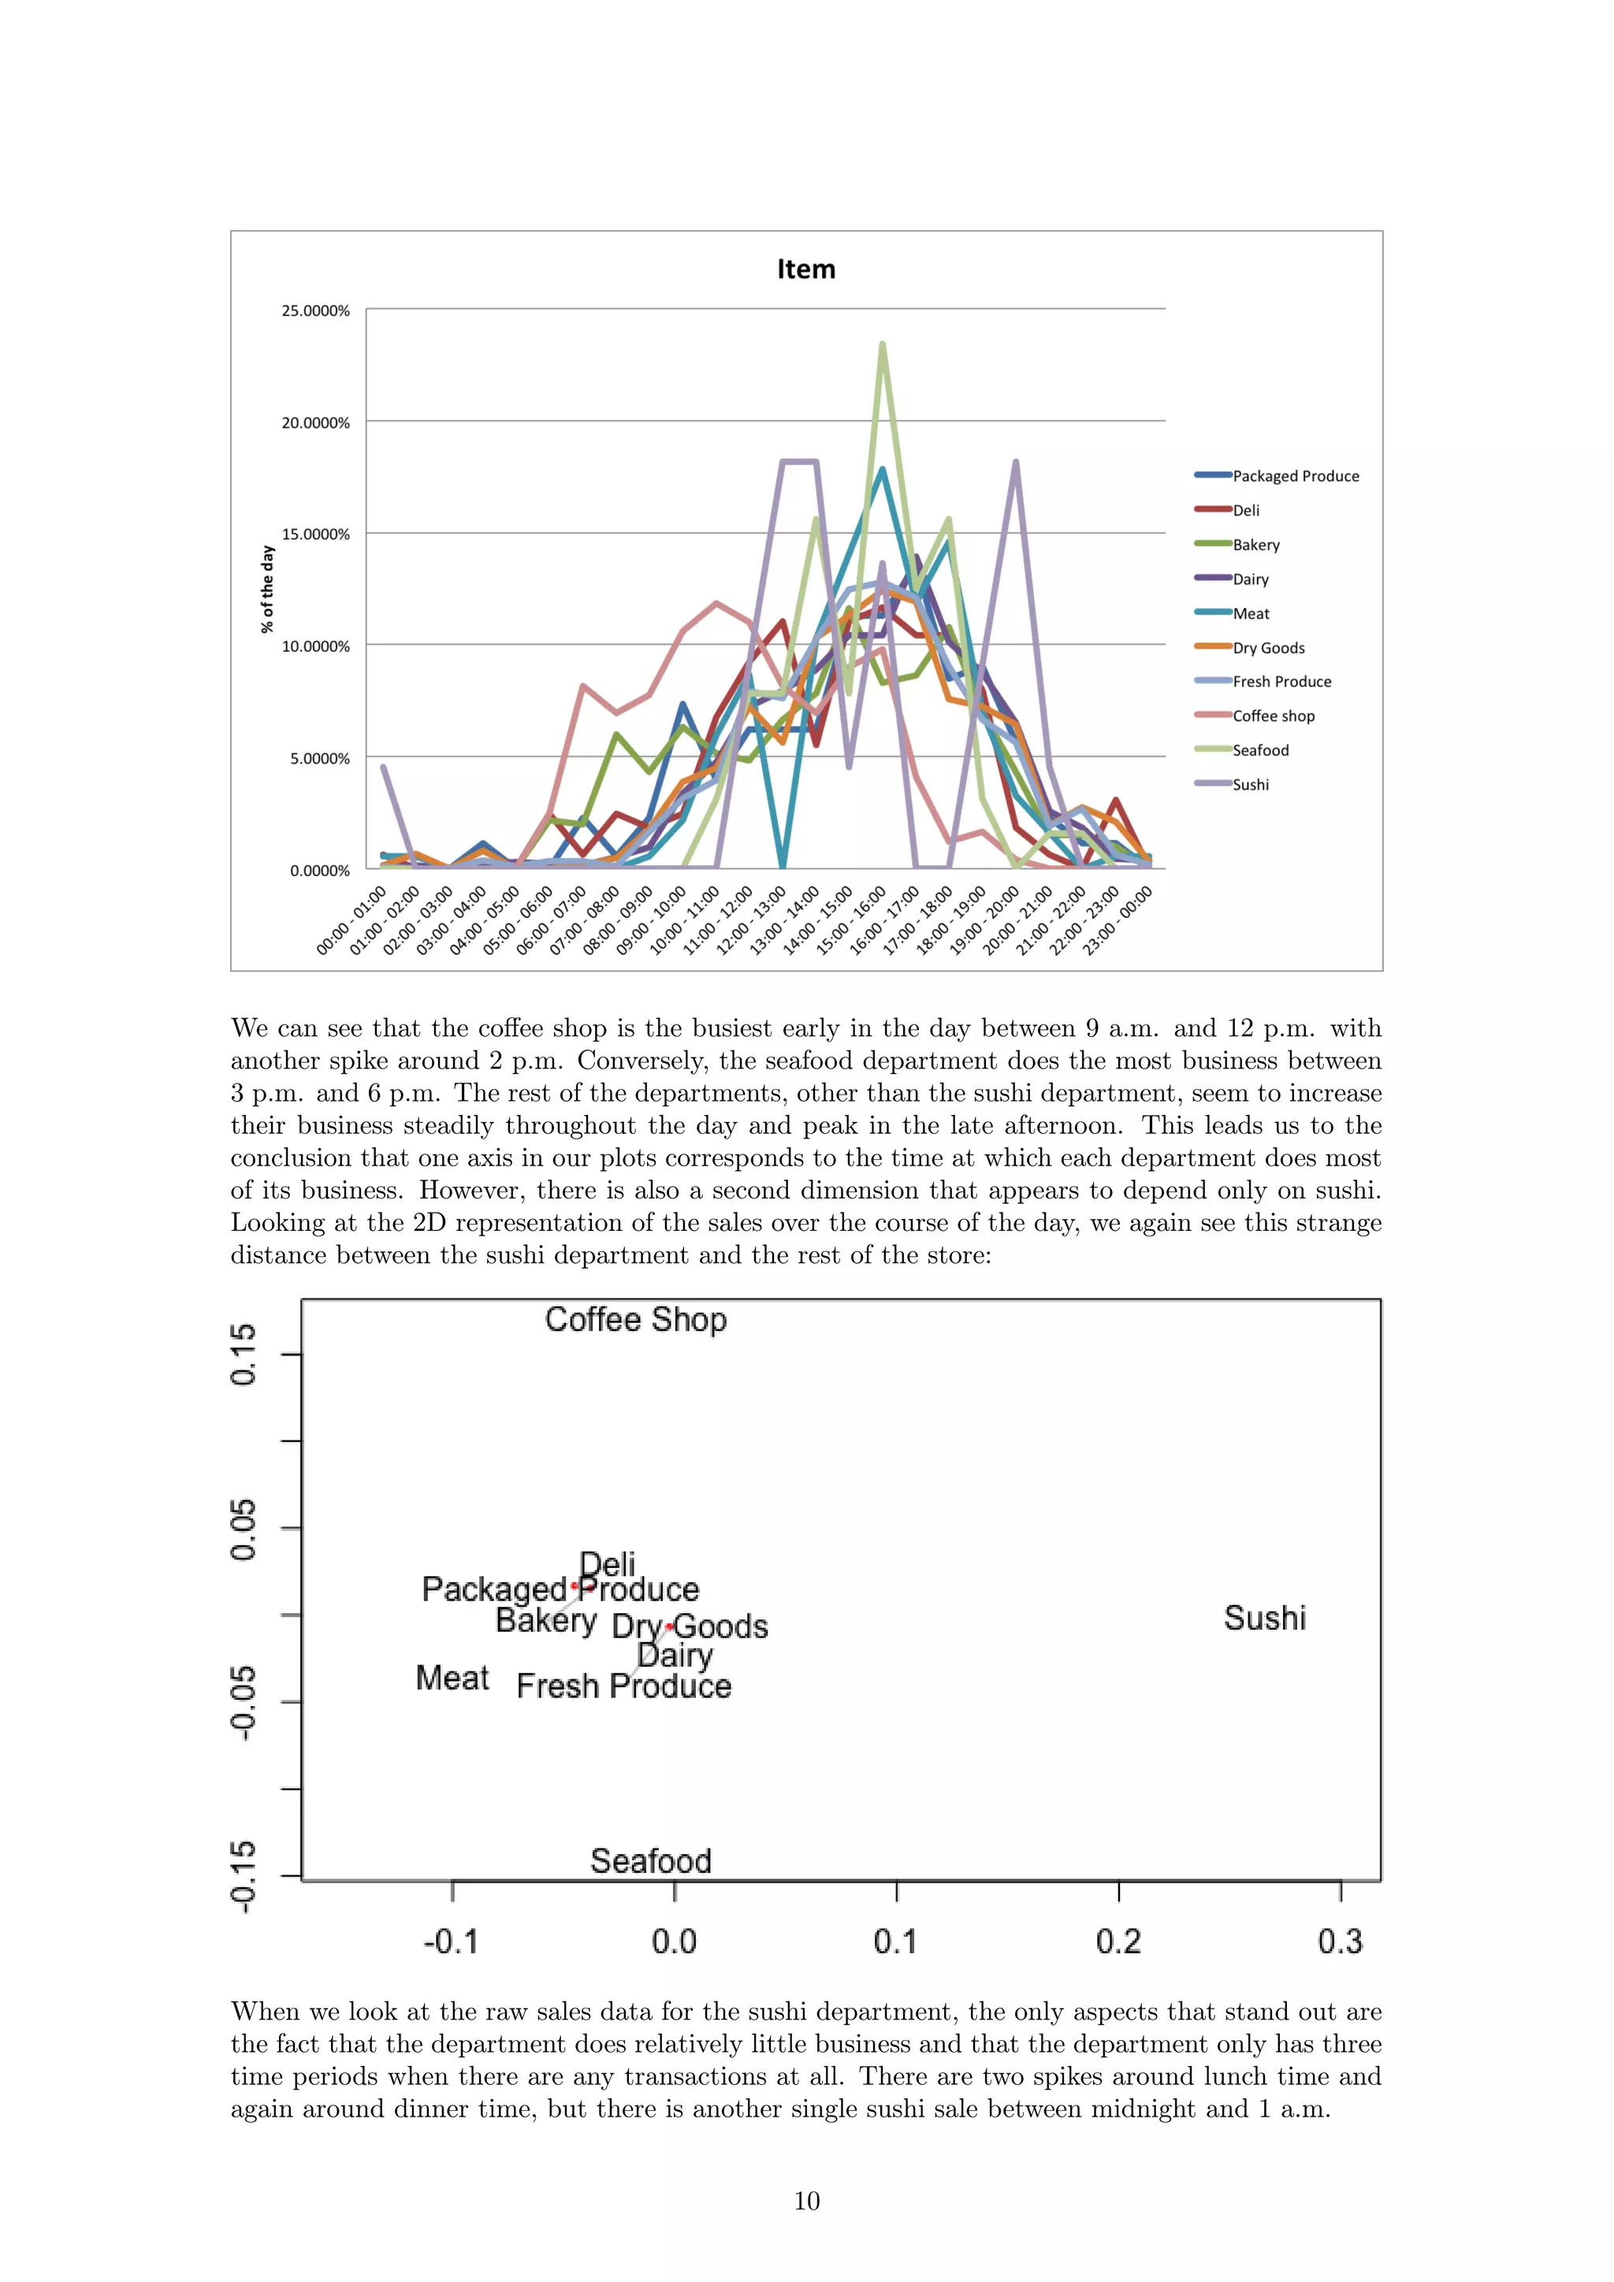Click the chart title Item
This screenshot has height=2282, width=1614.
[806, 269]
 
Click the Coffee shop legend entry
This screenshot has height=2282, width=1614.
[1273, 715]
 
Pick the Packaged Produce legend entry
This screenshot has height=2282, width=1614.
[1295, 476]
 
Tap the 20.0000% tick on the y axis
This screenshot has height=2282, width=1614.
[315, 422]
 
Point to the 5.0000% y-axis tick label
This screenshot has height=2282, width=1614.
[319, 758]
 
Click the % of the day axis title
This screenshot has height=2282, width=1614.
[266, 589]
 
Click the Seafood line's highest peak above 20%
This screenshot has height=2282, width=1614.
[883, 345]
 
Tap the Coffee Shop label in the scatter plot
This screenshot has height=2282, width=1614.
[636, 1320]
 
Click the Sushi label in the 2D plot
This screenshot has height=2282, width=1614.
[1264, 1618]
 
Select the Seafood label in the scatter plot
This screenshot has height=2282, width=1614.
[651, 1860]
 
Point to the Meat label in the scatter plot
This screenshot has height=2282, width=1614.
[452, 1678]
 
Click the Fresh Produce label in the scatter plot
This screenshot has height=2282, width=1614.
[624, 1686]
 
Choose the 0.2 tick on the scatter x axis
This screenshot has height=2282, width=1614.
[1118, 1941]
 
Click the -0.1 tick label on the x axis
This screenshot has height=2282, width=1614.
[452, 1941]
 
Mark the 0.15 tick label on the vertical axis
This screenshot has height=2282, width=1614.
[244, 1354]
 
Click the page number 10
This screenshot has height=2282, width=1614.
[807, 2202]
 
